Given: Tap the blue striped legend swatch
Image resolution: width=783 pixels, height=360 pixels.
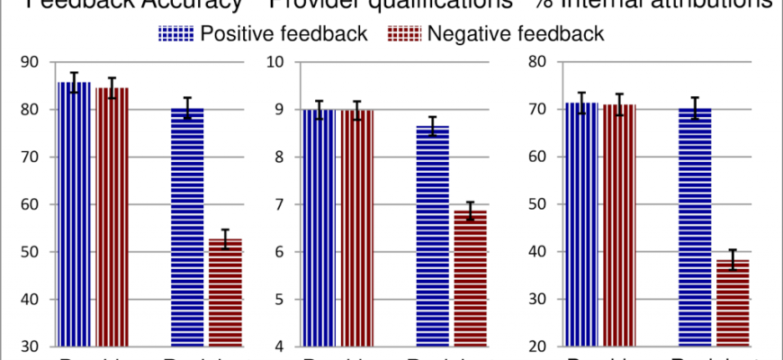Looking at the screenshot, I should (x=175, y=34).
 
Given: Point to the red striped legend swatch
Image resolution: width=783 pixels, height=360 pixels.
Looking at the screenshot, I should (x=403, y=34).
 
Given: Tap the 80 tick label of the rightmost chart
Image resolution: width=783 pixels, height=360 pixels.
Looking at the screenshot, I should (x=538, y=62).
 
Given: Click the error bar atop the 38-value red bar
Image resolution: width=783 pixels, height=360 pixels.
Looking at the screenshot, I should (x=733, y=259).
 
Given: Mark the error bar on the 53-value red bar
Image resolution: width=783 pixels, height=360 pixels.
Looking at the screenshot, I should (x=226, y=238).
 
